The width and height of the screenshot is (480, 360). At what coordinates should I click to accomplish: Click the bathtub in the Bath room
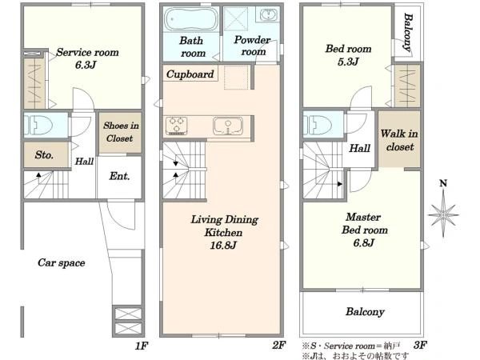tap(191, 19)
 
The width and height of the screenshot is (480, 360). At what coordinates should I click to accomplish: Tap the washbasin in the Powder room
tap(269, 14)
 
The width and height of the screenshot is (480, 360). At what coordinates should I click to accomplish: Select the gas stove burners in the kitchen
tap(176, 126)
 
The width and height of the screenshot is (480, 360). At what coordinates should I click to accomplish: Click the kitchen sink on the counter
tap(228, 126)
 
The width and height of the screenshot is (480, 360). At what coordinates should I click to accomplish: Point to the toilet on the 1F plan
tap(38, 126)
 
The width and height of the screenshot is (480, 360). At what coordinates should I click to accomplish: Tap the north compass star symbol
tap(443, 214)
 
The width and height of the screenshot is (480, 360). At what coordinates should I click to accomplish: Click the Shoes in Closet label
tap(120, 132)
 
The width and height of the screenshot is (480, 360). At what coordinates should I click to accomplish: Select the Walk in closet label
tap(399, 140)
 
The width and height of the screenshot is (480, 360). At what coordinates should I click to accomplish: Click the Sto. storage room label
tap(44, 155)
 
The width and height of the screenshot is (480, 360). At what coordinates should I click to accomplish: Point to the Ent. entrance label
tap(119, 176)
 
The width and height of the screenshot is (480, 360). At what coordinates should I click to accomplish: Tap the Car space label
tap(62, 263)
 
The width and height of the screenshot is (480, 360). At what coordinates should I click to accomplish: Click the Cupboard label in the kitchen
tap(190, 74)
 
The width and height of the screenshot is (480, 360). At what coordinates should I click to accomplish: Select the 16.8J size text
tap(223, 246)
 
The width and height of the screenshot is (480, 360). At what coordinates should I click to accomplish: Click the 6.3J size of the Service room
tap(86, 65)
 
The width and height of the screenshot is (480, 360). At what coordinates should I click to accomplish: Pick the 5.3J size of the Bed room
tap(348, 62)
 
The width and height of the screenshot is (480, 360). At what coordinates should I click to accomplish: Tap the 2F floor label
tap(279, 346)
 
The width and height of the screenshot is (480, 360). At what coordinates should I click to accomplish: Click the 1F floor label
tap(142, 346)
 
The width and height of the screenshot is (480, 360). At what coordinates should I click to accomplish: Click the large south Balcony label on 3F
tap(365, 312)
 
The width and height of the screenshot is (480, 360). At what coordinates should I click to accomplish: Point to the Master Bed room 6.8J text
tap(364, 230)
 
